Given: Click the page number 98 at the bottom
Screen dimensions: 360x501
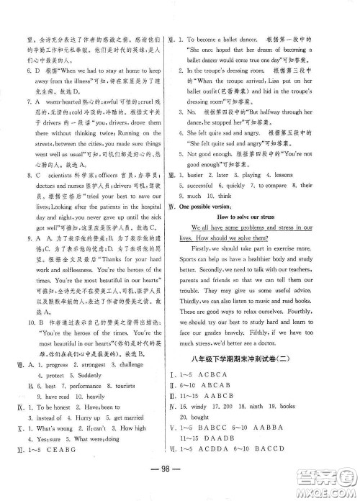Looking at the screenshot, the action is (180, 481).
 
